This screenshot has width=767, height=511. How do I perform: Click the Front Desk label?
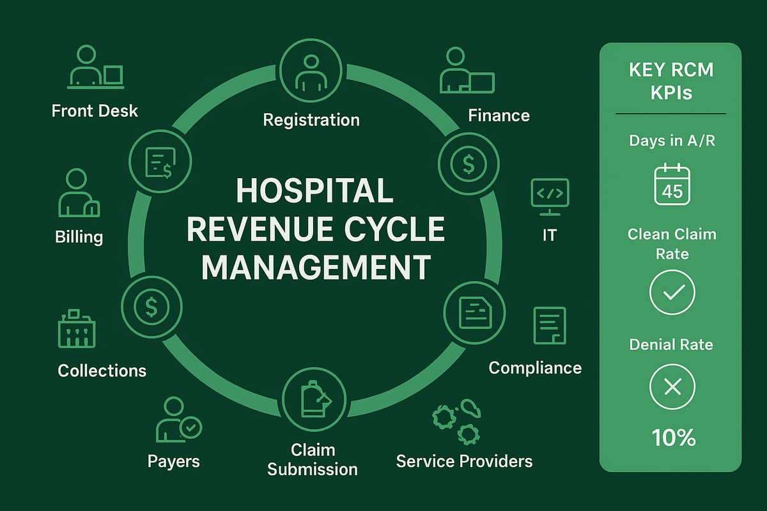95,111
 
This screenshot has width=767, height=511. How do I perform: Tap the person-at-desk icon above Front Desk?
95,66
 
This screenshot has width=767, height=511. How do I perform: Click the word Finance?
499,116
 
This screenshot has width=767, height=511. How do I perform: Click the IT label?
549,235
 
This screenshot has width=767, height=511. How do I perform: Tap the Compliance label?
535,368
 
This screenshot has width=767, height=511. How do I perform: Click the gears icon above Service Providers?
456,420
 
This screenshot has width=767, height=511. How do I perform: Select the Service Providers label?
464,461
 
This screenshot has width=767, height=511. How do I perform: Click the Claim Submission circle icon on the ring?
313,397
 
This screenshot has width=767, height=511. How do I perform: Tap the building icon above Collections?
76,329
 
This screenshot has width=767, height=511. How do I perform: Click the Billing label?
79,237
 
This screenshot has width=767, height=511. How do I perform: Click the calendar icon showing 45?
672,185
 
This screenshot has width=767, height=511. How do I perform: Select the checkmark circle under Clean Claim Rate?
672,293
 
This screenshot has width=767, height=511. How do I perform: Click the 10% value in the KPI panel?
673,438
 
